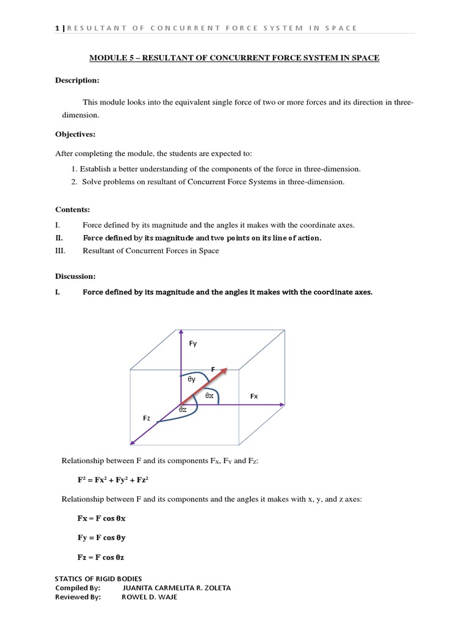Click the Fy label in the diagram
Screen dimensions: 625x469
[193, 344]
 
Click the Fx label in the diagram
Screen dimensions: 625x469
[254, 396]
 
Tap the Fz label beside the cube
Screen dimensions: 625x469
[147, 418]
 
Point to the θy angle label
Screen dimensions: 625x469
[192, 380]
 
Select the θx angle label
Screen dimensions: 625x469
[209, 396]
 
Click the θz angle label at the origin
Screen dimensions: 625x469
[183, 410]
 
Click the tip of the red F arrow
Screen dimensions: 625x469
[226, 369]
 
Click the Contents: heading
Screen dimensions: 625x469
[73, 209]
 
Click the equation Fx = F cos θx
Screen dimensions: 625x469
[101, 518]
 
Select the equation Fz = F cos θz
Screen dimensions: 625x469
[101, 557]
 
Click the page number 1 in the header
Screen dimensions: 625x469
[57, 27]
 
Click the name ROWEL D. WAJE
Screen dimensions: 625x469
[150, 597]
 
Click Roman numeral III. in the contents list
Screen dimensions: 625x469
[60, 251]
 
